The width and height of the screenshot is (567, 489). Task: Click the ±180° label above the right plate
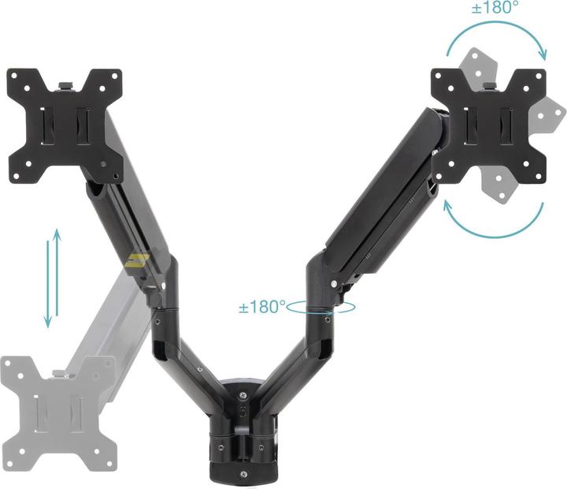[x=495, y=8]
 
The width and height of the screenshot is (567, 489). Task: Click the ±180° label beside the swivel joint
[x=262, y=306]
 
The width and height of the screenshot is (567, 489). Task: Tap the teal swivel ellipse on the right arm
[x=321, y=308]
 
